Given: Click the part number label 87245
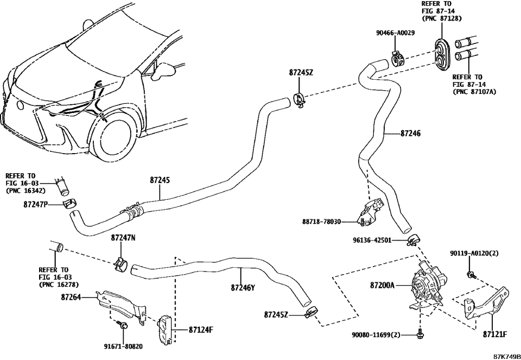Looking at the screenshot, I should [x=160, y=180].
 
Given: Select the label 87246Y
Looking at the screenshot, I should [x=242, y=288].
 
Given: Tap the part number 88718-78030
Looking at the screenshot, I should [x=322, y=222].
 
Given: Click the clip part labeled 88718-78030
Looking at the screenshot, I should [x=370, y=213].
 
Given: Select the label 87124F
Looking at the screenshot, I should [x=201, y=329].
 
